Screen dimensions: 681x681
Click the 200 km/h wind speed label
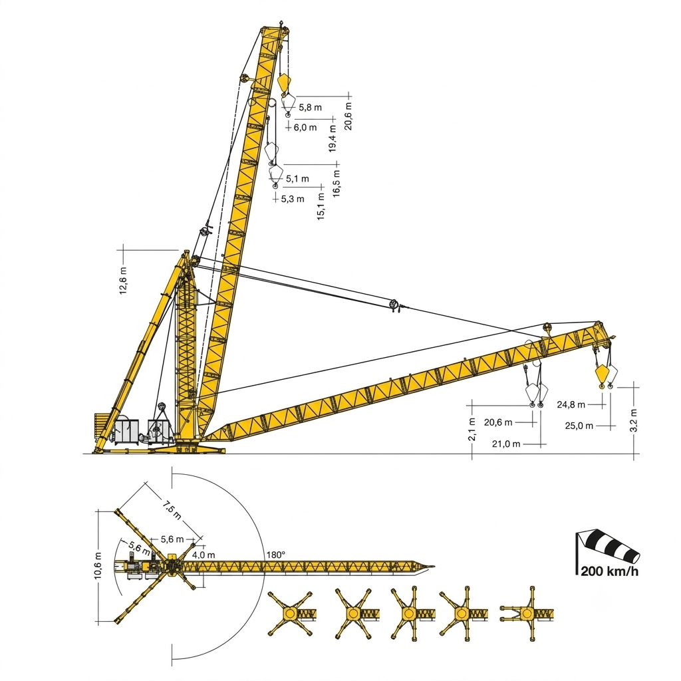point(609,571)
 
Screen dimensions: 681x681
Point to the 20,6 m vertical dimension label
point(348,116)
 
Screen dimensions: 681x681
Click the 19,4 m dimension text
point(333,138)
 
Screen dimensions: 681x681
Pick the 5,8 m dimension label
point(310,107)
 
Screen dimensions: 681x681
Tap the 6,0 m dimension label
point(305,127)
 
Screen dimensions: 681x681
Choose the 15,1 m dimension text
point(321,206)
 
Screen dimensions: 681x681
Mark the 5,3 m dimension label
point(293,199)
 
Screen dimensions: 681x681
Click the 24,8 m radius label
point(571,405)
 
